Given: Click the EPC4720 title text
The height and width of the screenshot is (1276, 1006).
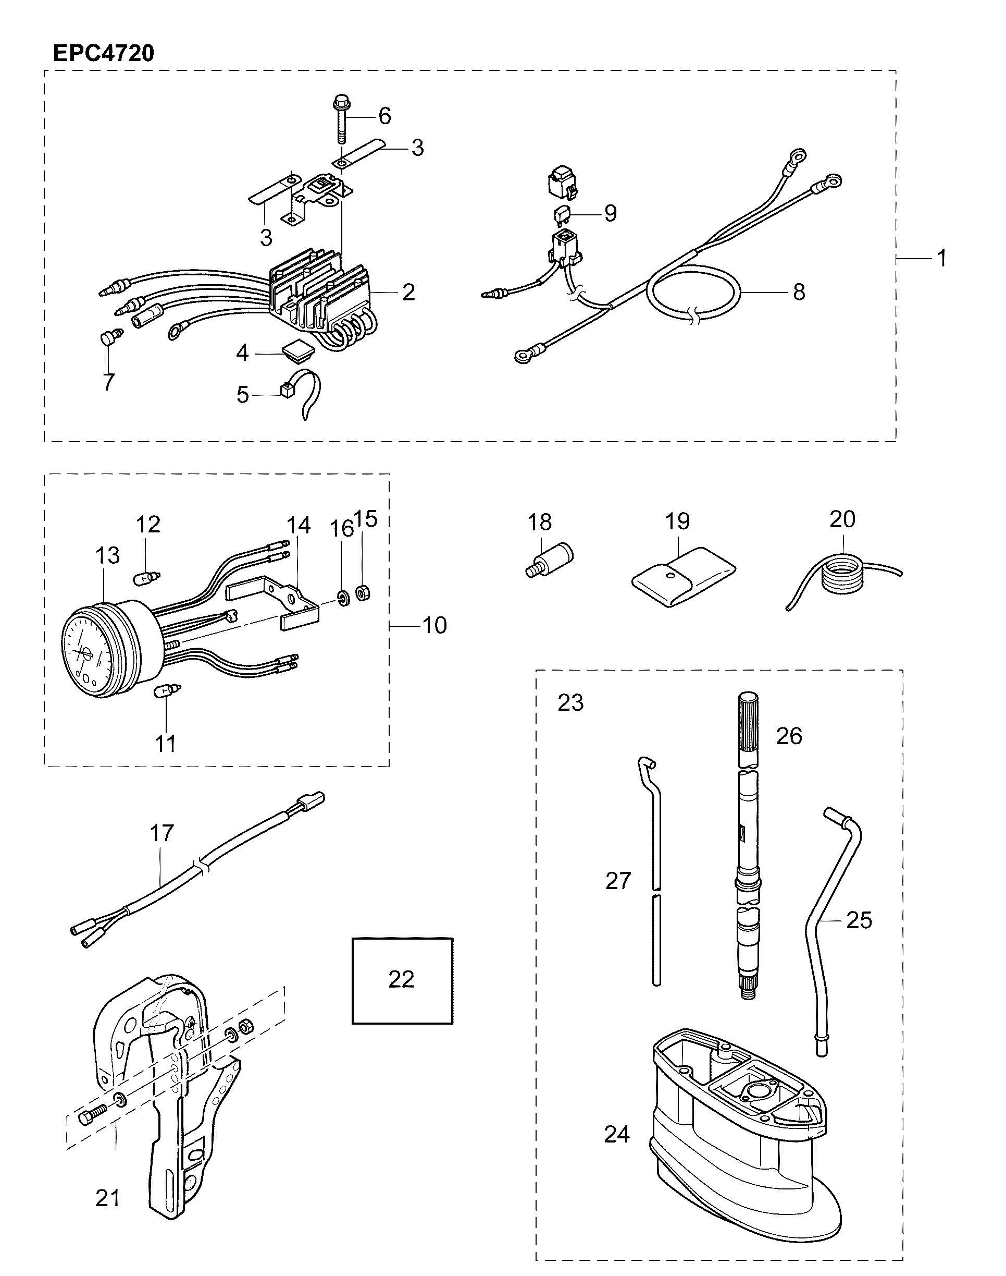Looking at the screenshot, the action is (x=104, y=53).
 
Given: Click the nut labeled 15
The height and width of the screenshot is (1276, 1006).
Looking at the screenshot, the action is (x=364, y=592).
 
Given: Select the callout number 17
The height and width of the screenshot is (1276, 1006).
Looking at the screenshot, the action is (x=162, y=833).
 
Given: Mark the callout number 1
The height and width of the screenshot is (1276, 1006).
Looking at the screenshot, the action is (x=942, y=258).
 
